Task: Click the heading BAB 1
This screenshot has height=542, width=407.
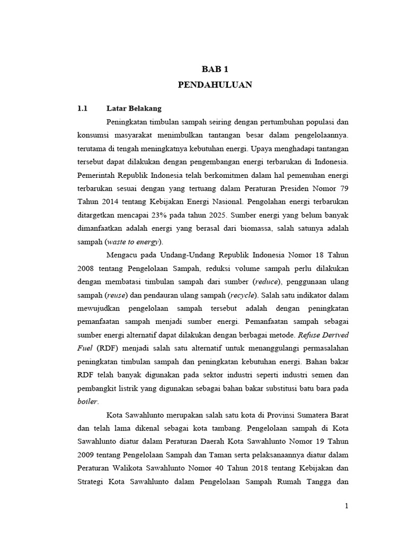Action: [214, 69]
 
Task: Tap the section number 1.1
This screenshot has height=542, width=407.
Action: [82, 109]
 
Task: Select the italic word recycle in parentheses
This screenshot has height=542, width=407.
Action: [243, 295]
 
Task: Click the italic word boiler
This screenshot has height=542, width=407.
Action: [87, 401]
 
